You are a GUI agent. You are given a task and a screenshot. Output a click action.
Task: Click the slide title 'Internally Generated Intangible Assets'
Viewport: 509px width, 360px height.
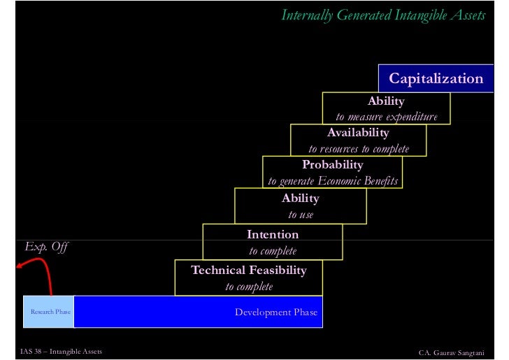(383, 15)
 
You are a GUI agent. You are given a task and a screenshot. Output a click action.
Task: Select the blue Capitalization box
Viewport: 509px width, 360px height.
(436, 78)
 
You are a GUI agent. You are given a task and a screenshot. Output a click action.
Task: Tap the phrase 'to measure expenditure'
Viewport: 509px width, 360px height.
(387, 117)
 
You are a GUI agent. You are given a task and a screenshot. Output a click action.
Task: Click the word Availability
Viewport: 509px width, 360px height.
(358, 133)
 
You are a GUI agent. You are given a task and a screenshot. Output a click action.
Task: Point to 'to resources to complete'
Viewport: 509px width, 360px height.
(359, 149)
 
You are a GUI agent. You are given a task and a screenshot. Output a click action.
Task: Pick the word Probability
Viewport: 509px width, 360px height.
(332, 165)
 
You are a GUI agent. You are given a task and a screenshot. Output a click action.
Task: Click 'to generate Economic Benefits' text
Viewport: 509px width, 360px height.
(333, 181)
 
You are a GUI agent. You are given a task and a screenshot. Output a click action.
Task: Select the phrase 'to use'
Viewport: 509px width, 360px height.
(301, 215)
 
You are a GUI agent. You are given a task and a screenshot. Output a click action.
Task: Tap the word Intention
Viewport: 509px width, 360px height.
(273, 234)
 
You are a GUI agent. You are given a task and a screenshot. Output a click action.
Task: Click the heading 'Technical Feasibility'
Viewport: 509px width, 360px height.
(249, 270)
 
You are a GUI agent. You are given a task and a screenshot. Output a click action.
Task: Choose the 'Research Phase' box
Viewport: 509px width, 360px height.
(50, 312)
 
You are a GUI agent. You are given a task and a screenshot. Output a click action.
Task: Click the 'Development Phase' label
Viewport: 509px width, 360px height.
(275, 312)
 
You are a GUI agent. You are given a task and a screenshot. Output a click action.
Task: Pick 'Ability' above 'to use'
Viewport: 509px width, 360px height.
(301, 199)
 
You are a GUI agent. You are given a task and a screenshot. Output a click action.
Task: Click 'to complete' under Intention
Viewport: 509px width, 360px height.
(273, 251)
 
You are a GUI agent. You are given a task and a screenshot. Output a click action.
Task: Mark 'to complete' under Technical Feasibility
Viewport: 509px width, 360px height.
(249, 287)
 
